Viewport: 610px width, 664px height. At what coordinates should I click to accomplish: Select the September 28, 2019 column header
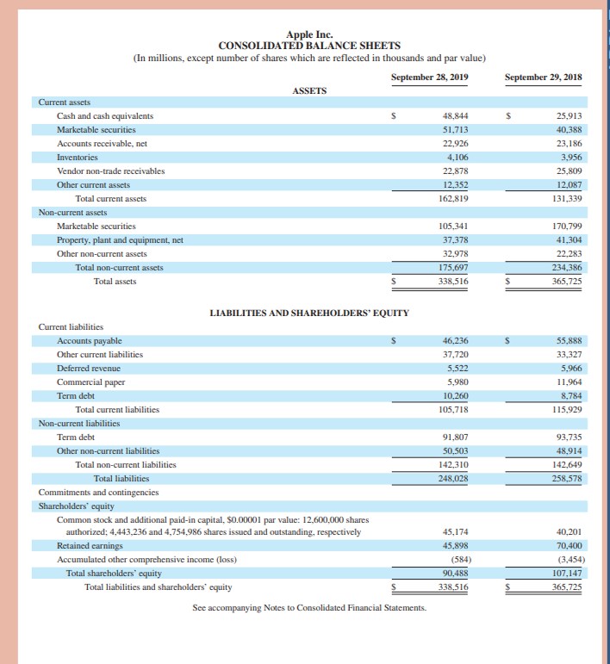tap(429, 77)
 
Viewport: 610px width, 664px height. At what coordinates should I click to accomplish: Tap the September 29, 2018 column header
tap(543, 77)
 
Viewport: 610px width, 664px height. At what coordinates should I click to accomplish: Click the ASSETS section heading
tap(309, 90)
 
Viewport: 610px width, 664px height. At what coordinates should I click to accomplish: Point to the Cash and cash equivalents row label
tap(105, 115)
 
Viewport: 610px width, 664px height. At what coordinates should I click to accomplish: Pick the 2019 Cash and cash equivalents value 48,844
tap(455, 115)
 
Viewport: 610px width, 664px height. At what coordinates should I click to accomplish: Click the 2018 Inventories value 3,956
tap(570, 158)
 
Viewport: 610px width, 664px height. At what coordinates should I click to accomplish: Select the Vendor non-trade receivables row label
tap(110, 171)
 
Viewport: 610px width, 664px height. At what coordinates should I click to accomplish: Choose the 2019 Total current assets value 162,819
tap(452, 198)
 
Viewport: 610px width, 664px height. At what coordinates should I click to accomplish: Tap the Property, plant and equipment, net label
tap(120, 239)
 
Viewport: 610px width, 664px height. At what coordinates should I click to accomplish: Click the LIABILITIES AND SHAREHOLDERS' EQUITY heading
tap(309, 312)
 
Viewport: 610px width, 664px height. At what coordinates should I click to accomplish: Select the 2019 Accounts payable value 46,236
tap(455, 340)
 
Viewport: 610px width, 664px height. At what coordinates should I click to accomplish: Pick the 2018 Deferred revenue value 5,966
tap(570, 368)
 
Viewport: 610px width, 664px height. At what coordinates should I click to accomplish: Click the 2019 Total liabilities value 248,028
tap(452, 478)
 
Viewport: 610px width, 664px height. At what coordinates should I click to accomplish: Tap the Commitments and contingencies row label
tap(98, 492)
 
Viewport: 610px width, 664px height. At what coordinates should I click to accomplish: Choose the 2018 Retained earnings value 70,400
tap(569, 545)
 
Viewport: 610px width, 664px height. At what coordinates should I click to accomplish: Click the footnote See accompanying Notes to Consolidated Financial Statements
tap(309, 608)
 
